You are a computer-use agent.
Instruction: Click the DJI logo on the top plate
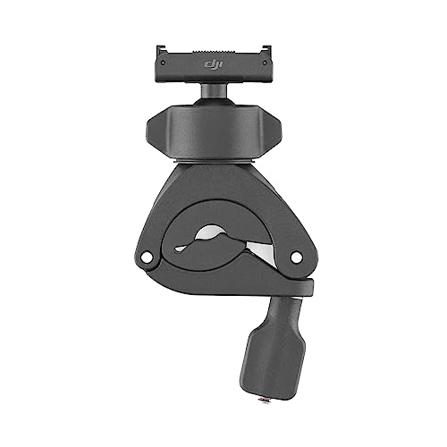tap(215, 64)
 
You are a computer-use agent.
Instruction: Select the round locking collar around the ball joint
tap(214, 130)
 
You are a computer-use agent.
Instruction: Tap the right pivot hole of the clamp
tap(296, 257)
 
